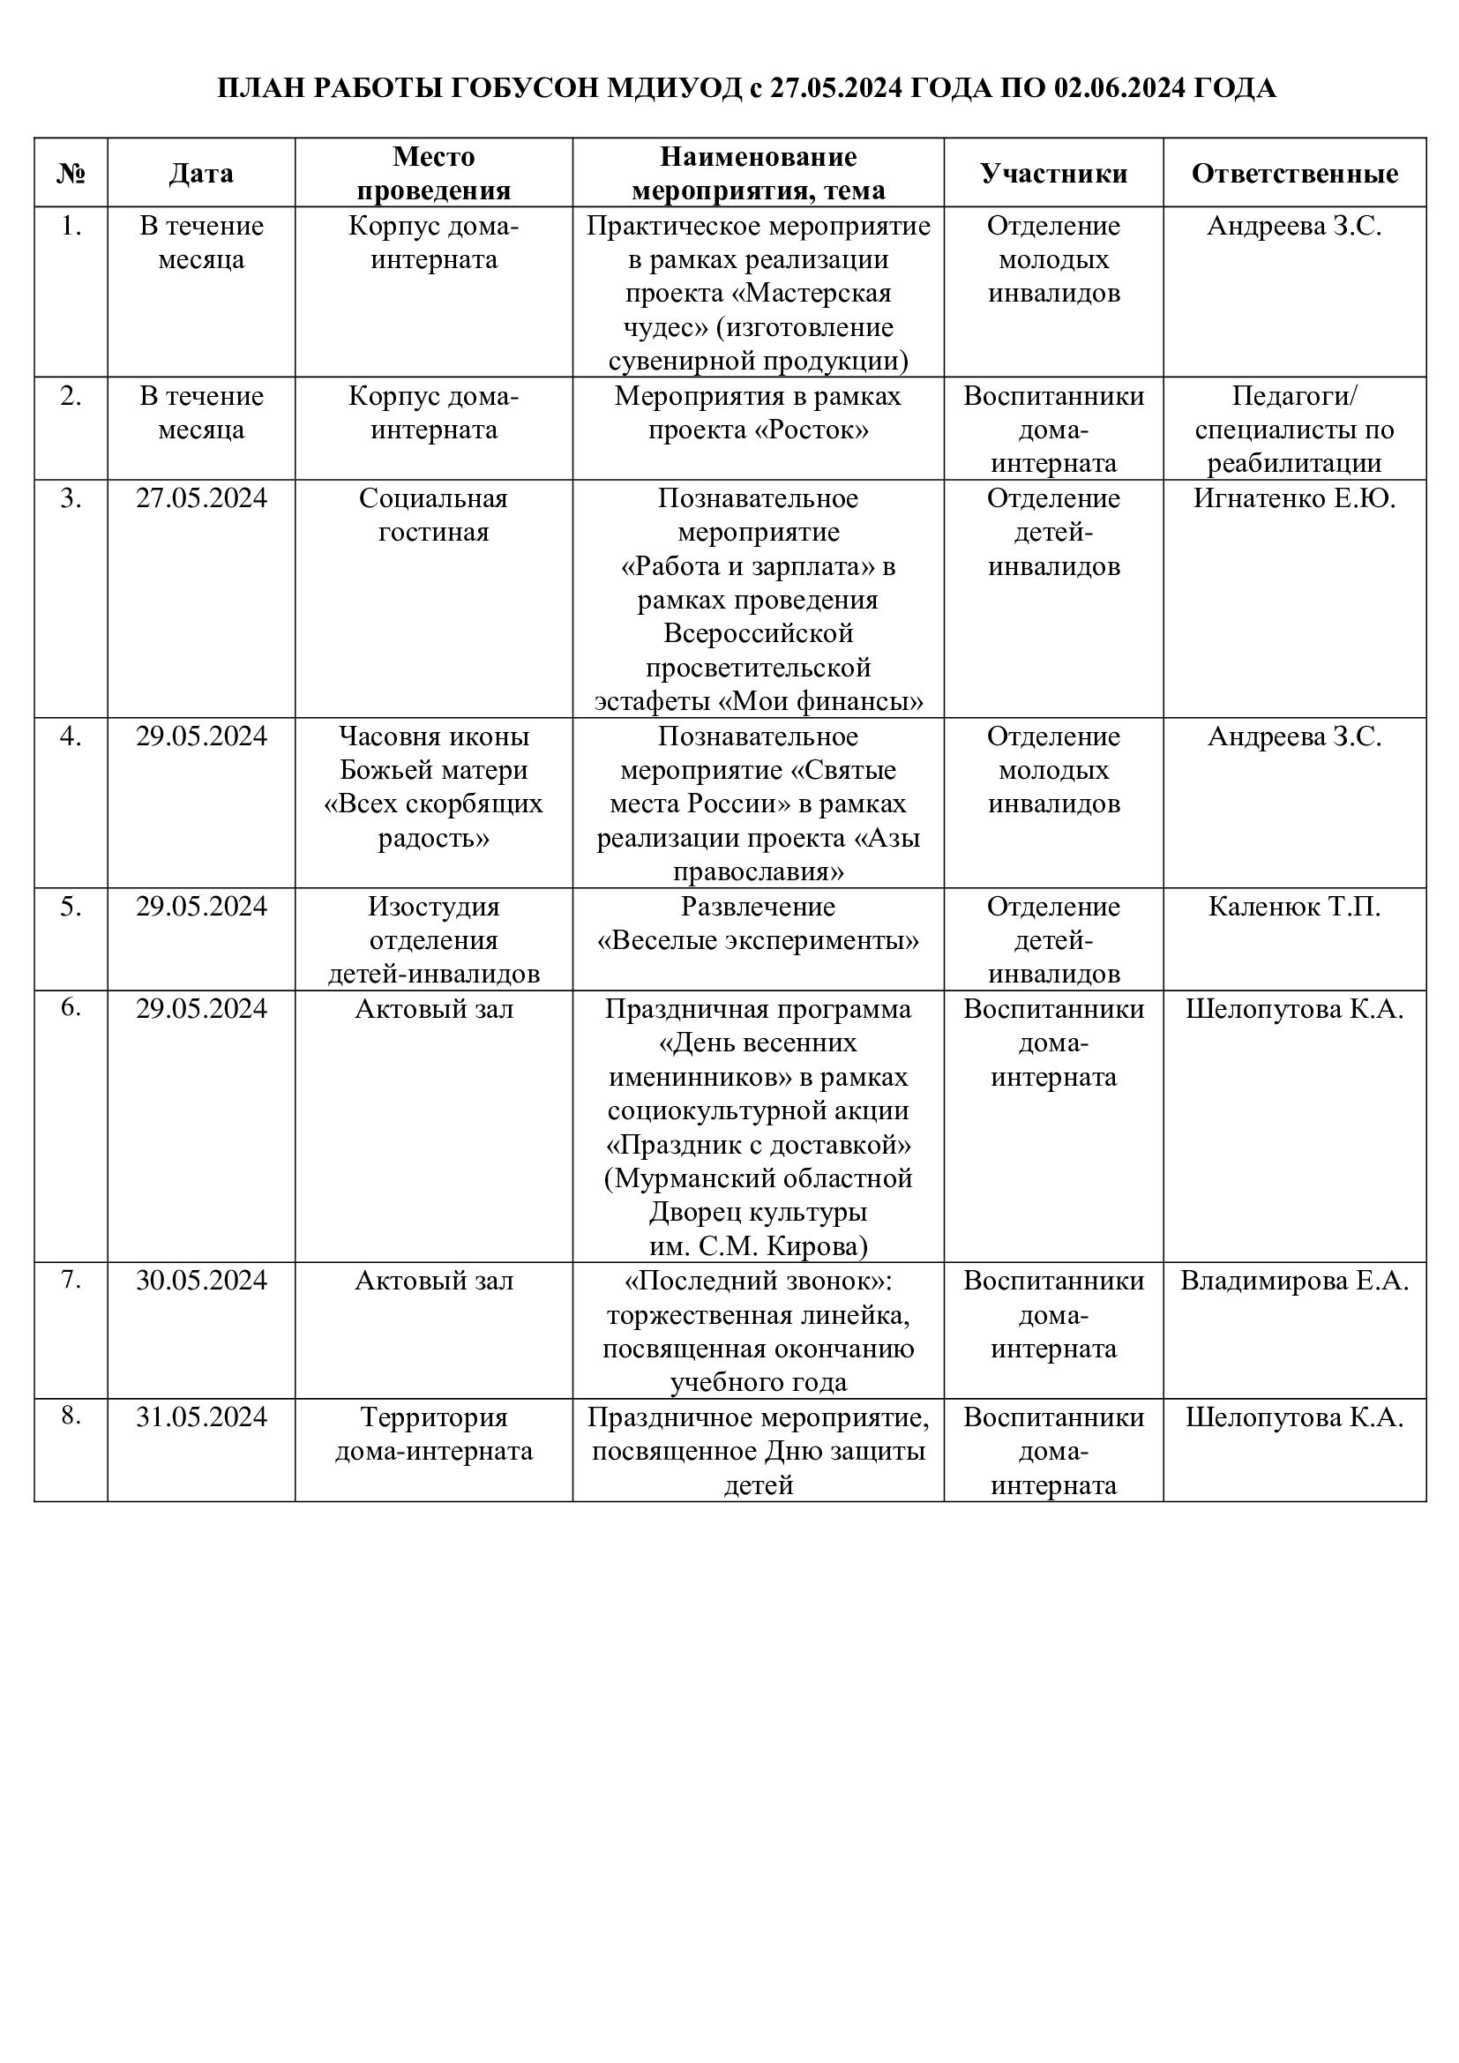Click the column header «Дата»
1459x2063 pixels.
(x=201, y=174)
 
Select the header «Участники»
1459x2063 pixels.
(x=1053, y=174)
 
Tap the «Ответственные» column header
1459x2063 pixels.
(x=1294, y=174)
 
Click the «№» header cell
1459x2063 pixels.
(x=71, y=174)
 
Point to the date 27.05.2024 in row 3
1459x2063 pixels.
(x=201, y=498)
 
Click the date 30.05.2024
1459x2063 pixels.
(x=201, y=1281)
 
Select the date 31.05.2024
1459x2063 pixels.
(x=201, y=1417)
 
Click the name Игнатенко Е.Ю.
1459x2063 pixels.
(x=1294, y=498)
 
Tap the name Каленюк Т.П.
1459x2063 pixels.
(x=1294, y=907)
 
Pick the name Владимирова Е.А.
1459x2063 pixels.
(x=1294, y=1281)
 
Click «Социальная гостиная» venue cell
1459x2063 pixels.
(x=434, y=515)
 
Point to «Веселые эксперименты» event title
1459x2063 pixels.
(x=759, y=941)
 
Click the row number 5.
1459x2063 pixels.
(x=71, y=907)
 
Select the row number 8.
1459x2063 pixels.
(x=71, y=1416)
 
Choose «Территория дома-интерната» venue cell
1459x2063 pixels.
(x=434, y=1434)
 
